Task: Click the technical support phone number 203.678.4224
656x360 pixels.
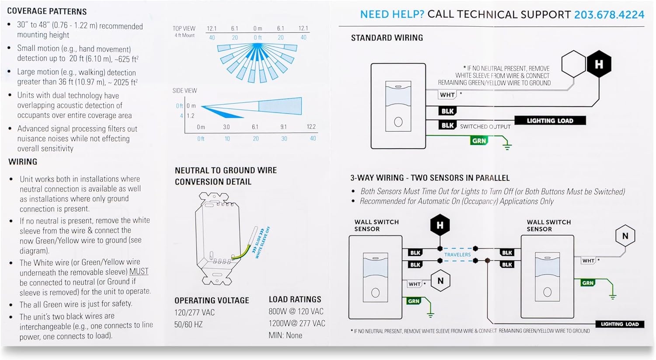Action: [609, 14]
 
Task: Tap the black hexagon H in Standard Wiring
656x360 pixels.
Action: [598, 64]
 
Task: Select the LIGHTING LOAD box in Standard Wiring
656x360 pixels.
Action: [550, 121]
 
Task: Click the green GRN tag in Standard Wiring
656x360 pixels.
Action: [479, 141]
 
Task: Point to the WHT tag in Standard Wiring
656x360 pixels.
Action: [447, 94]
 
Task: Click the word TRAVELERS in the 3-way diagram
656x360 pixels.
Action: [457, 255]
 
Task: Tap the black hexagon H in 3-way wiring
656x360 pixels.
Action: [440, 226]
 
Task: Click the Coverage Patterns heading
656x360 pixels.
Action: [47, 11]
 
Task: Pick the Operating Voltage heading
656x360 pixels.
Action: [212, 301]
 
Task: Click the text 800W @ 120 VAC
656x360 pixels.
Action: [296, 311]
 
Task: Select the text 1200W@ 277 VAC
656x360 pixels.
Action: [297, 323]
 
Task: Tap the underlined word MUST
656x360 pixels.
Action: [139, 272]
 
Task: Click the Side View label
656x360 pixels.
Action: [185, 91]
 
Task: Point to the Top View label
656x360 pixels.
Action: [184, 28]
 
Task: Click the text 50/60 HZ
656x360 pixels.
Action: [188, 324]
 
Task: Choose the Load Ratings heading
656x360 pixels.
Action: [295, 300]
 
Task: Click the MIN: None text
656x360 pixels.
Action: [285, 336]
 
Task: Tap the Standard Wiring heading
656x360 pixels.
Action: [387, 38]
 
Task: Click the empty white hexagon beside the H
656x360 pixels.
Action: [573, 64]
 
